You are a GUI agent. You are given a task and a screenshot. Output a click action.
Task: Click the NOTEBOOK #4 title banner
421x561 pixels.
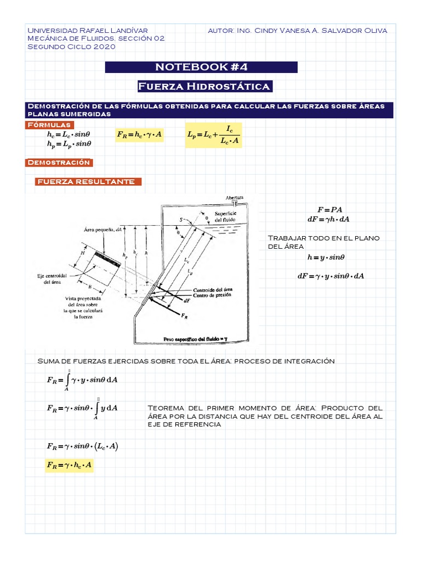201,67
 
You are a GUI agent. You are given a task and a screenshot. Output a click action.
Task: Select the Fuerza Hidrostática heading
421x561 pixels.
203,87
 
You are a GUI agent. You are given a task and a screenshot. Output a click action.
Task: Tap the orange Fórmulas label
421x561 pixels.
49,125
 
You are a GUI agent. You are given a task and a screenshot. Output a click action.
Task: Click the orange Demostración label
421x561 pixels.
58,163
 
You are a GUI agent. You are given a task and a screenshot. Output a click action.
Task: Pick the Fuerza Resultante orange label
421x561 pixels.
88,182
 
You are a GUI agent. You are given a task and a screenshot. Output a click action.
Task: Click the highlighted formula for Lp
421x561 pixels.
213,135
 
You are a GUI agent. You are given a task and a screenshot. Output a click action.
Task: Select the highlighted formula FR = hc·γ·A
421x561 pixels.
139,135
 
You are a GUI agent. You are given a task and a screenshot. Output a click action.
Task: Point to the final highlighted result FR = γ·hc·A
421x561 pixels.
70,466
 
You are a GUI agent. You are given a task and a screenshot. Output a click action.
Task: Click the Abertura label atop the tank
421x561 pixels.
235,197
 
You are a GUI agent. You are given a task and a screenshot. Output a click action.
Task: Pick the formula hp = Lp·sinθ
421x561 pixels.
69,144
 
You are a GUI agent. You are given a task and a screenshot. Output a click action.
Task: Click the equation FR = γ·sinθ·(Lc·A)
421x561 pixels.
83,446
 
